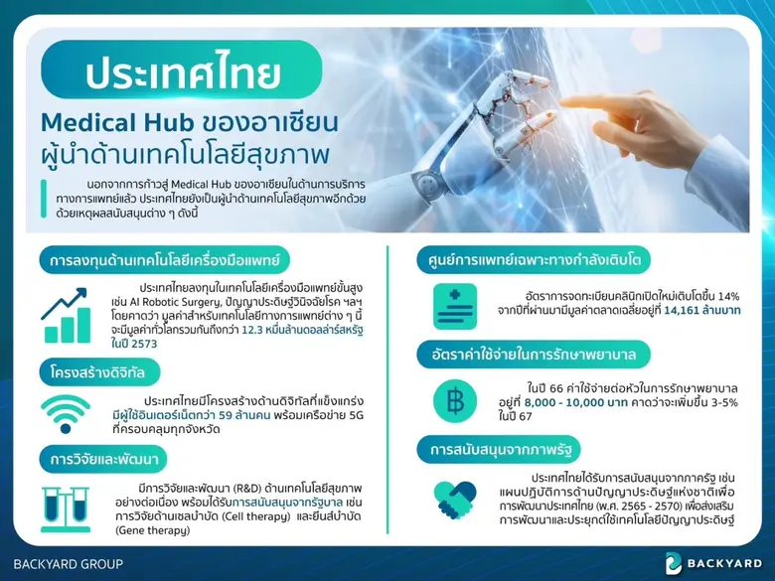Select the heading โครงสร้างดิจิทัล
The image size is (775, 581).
click(x=98, y=373)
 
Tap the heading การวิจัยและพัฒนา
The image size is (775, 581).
click(x=105, y=459)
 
